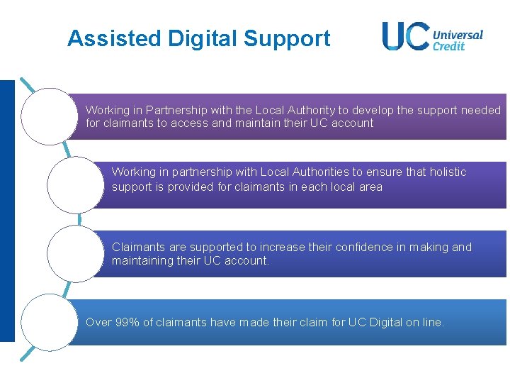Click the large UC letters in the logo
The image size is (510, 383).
pyautogui.click(x=405, y=35)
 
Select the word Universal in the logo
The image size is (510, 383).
pyautogui.click(x=458, y=34)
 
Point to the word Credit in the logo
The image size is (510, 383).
pyautogui.click(x=448, y=46)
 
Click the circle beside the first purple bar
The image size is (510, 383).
pyautogui.click(x=49, y=116)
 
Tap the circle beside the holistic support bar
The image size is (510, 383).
pyautogui.click(x=75, y=184)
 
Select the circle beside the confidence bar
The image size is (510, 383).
pyautogui.click(x=75, y=253)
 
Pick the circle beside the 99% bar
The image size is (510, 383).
pyautogui.click(x=49, y=322)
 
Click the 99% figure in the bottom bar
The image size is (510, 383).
pyautogui.click(x=125, y=322)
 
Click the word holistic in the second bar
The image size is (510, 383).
pyautogui.click(x=446, y=172)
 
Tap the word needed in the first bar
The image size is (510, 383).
pyautogui.click(x=481, y=110)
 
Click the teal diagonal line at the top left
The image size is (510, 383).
pyautogui.click(x=28, y=86)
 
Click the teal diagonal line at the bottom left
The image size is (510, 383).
pyautogui.click(x=28, y=354)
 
